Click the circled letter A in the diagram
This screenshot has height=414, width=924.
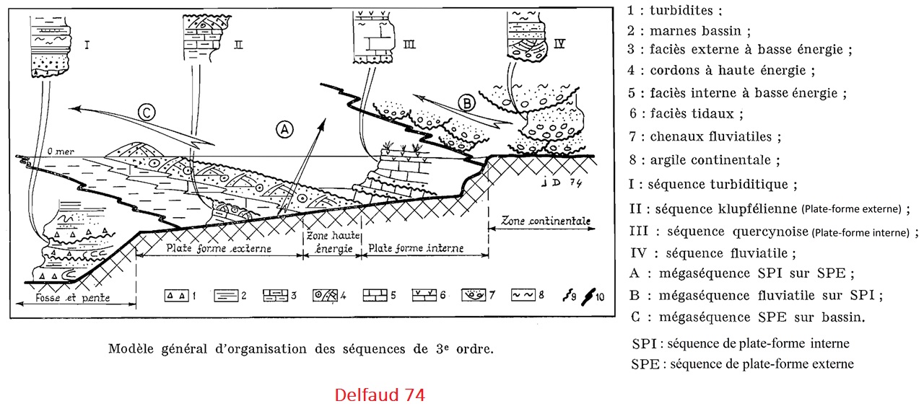[x=285, y=130]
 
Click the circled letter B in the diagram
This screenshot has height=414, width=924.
[x=468, y=102]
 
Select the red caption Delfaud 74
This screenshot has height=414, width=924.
[x=379, y=395]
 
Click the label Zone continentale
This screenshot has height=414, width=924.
[x=544, y=221]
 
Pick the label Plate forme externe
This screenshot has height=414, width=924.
[x=219, y=248]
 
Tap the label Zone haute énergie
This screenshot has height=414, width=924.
[x=330, y=242]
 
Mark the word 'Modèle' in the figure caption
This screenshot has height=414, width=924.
[x=129, y=349]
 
